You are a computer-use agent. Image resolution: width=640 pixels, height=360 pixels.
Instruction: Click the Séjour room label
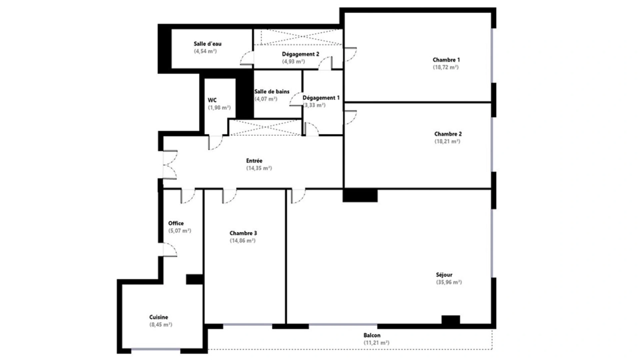444,275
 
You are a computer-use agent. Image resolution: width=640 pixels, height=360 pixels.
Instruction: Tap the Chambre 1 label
446,60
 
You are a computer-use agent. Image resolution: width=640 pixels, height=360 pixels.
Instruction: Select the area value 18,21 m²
447,141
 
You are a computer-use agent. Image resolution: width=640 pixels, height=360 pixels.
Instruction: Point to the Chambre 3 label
243,233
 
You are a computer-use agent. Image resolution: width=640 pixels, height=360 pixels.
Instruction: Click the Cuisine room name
159,317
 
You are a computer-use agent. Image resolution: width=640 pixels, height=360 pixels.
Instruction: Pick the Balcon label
372,335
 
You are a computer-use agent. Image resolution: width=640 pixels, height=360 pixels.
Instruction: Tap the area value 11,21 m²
376,343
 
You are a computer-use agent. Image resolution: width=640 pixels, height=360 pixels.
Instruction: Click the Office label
176,223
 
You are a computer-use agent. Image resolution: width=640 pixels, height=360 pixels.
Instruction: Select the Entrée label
254,161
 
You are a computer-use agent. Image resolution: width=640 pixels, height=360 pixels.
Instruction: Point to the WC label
212,100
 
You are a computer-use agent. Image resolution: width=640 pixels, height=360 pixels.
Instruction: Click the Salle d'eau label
207,44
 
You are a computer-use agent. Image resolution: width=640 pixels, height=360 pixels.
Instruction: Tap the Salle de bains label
272,92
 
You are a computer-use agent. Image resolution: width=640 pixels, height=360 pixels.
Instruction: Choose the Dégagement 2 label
300,54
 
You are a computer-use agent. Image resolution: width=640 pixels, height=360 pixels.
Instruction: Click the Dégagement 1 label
321,98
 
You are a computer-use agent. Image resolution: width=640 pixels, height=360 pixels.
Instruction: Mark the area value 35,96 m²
449,282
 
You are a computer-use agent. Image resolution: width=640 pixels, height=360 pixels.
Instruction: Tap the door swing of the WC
215,142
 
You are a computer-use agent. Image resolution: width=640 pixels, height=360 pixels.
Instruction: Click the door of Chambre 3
229,196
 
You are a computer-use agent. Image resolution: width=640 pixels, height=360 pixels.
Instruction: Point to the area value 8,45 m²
161,325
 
